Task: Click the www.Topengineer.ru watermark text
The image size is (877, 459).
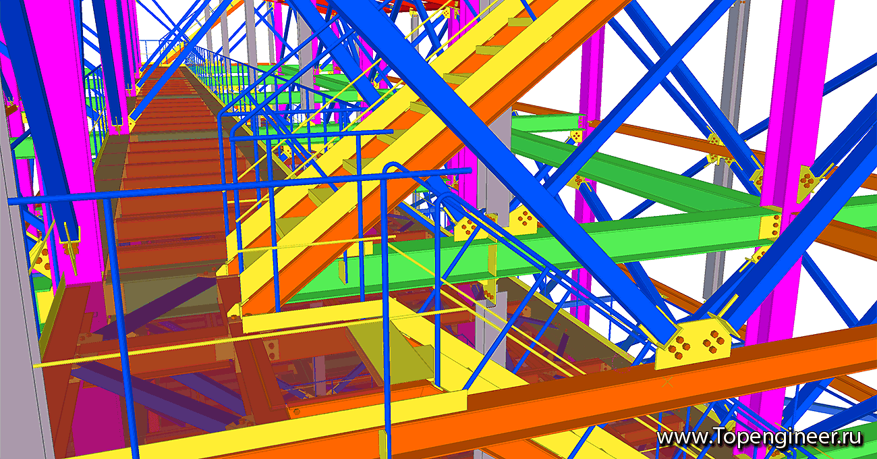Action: click(759, 437)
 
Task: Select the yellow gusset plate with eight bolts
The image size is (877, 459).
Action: click(693, 344)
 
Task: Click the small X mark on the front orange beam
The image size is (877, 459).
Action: click(667, 383)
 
